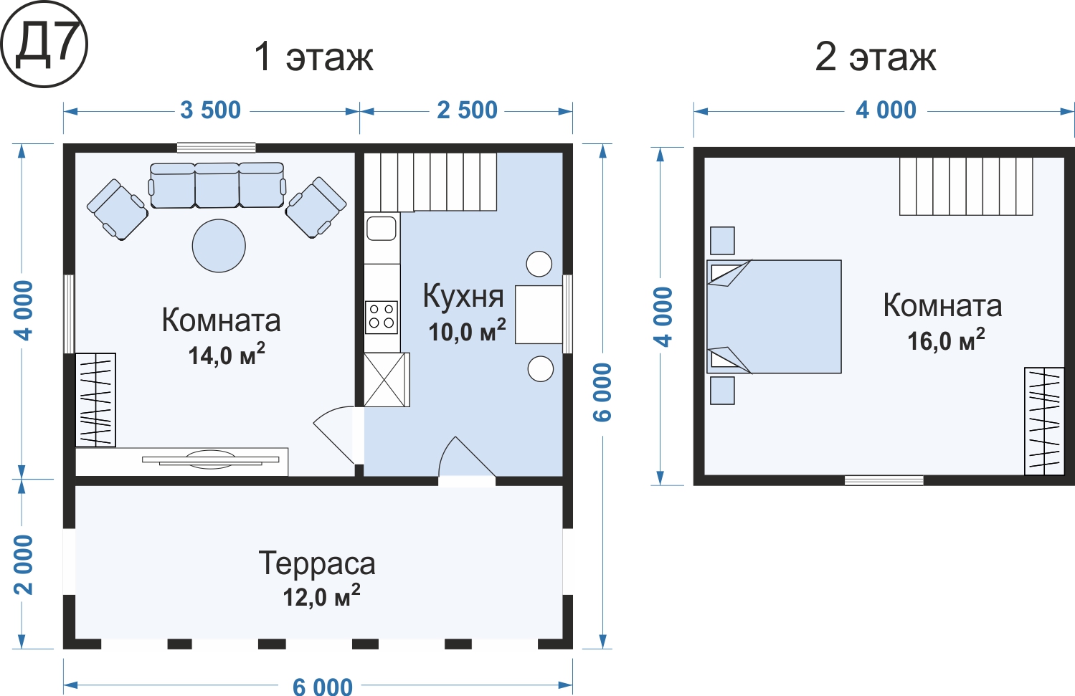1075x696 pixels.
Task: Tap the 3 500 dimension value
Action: tap(210, 110)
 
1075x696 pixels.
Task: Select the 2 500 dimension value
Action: tap(467, 110)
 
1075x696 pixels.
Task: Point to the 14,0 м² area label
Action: tap(226, 354)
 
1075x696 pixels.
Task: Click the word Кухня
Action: tap(463, 296)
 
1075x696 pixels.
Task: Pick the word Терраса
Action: tap(317, 563)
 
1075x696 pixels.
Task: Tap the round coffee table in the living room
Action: tap(219, 246)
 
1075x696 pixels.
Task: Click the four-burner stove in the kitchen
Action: tap(382, 317)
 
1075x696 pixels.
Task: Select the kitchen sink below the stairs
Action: tap(382, 228)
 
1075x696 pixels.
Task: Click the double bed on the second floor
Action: tap(774, 317)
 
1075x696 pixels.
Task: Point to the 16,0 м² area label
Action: tap(946, 340)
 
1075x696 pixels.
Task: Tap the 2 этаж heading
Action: tap(876, 57)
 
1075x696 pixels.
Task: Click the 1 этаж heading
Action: tap(313, 57)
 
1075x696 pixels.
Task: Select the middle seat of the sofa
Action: tap(217, 185)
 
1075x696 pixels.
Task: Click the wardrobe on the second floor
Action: tap(1044, 421)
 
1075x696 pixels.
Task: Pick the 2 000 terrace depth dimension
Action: tap(23, 565)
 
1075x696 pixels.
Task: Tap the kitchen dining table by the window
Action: tap(539, 314)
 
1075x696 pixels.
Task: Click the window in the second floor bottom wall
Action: tap(884, 480)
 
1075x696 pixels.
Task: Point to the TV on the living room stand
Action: tap(210, 459)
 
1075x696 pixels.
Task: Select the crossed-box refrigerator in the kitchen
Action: tap(387, 380)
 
